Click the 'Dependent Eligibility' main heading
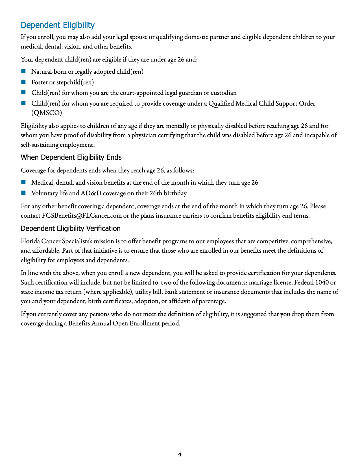click(58, 25)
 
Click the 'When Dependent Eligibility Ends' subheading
click(71, 157)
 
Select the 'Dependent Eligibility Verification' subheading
click(71, 228)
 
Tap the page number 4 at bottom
click(180, 454)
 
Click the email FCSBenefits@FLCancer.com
click(82, 216)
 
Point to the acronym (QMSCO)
click(47, 113)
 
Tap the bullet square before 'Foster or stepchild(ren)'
click(23, 82)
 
